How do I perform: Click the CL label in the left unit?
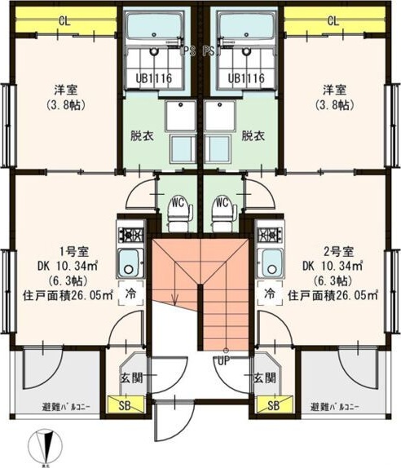click(63, 20)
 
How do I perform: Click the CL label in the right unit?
click(333, 20)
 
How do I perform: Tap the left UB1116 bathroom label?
click(155, 78)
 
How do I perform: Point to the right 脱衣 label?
click(253, 135)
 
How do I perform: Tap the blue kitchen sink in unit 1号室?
click(130, 263)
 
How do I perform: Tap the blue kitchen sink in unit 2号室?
click(270, 263)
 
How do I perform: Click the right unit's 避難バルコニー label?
click(337, 406)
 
